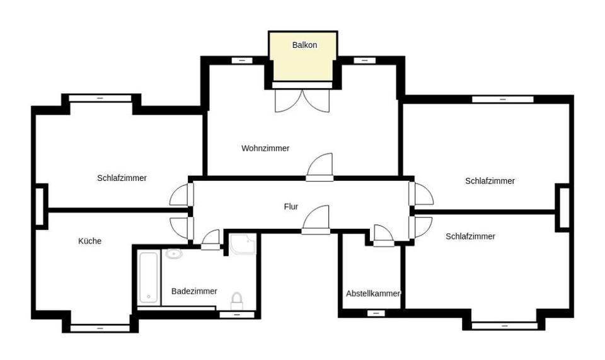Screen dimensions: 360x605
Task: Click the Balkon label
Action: (304, 45)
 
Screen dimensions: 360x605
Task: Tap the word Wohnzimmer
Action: (265, 149)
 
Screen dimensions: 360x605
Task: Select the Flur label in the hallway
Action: (291, 207)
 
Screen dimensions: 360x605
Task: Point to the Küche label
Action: (89, 241)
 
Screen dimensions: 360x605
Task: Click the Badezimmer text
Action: (194, 291)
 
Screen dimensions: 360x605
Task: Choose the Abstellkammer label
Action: (373, 294)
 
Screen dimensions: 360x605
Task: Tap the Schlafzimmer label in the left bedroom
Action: (122, 178)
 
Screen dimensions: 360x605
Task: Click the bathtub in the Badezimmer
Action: (149, 277)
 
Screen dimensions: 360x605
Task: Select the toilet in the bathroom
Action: (237, 299)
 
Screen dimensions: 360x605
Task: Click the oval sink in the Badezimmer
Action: (173, 254)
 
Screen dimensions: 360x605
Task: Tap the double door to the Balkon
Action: (302, 101)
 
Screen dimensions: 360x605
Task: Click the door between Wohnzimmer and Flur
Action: (320, 168)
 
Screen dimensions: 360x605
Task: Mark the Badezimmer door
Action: (210, 240)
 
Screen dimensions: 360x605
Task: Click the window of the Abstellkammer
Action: (376, 313)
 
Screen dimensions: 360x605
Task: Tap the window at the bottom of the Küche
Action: (100, 327)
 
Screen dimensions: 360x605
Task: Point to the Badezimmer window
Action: (237, 313)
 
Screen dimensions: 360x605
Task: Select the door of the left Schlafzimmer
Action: (181, 194)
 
